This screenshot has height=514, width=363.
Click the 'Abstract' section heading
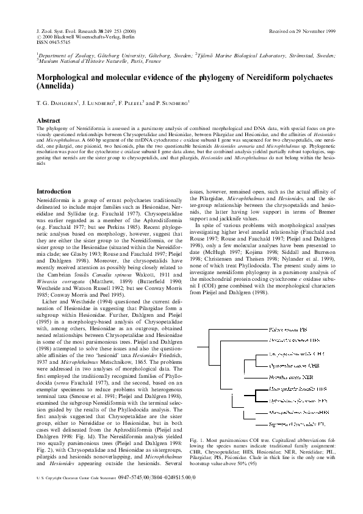click(x=49, y=121)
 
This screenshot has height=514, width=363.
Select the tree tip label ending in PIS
click(x=290, y=330)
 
